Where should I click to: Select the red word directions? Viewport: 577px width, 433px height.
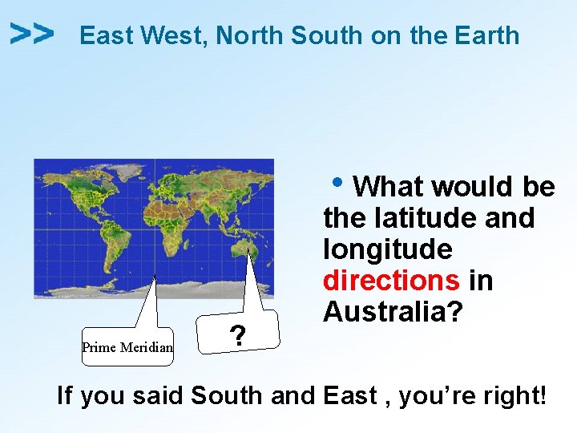tap(391, 281)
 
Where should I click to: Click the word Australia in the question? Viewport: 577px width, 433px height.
tap(393, 312)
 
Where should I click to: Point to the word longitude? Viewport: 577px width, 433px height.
tap(387, 249)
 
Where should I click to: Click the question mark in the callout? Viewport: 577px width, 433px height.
tap(236, 333)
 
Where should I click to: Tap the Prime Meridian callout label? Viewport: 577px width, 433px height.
tap(127, 347)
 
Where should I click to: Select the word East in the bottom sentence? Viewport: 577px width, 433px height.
tap(350, 395)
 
